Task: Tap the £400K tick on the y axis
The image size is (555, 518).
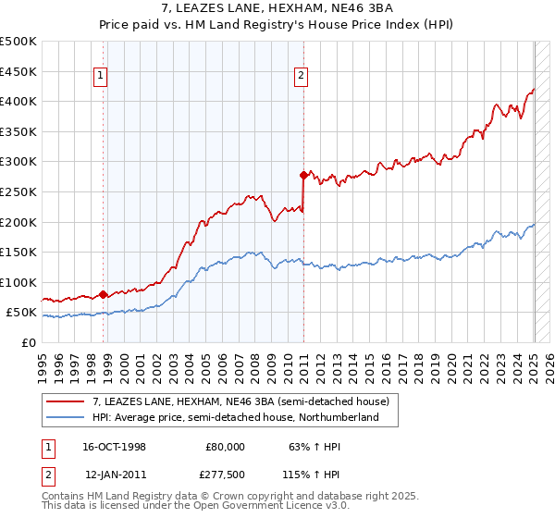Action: [x=19, y=101]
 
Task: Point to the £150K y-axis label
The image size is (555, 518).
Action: [x=19, y=252]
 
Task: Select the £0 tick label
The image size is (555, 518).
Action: [x=29, y=342]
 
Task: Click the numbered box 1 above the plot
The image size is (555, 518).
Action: [x=101, y=77]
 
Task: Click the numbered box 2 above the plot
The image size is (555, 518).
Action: [x=302, y=77]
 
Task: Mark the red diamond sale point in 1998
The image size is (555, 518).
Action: [x=104, y=294]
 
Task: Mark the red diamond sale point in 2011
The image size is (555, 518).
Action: [x=303, y=174]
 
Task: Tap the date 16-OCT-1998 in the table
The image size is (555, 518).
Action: [x=113, y=447]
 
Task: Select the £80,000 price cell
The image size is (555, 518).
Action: [x=225, y=447]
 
